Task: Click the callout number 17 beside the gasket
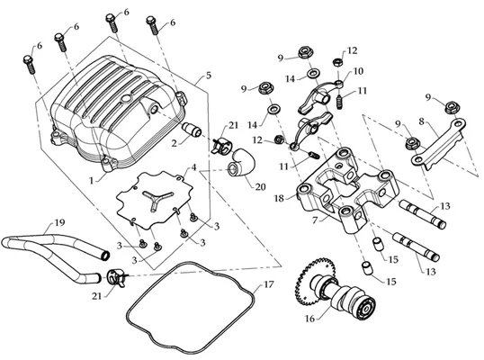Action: [269, 284]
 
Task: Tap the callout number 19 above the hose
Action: [59, 223]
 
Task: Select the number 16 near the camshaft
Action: [309, 319]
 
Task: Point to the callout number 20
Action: [260, 187]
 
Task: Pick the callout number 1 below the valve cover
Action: [92, 180]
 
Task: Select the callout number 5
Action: [209, 75]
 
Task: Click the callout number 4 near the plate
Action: [193, 167]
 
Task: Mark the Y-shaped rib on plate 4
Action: [157, 199]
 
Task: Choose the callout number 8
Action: [422, 121]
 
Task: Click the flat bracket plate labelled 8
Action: [438, 143]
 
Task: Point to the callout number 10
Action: [358, 71]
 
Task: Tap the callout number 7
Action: [315, 221]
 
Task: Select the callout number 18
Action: [279, 198]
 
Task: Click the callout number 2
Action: [175, 144]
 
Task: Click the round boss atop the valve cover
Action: [126, 99]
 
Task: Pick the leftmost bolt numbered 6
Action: [29, 65]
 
